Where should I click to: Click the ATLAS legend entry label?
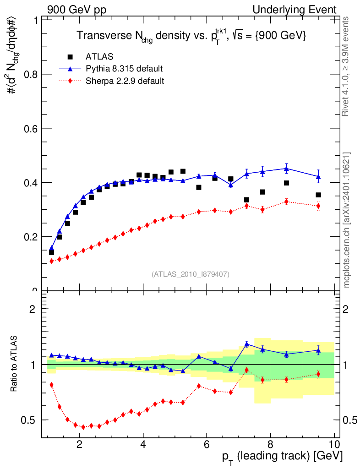tap(99, 57)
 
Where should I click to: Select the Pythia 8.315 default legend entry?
tap(124, 69)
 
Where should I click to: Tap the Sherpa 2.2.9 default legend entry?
tap(125, 81)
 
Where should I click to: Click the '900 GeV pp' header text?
tap(77, 10)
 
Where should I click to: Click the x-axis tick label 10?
tap(334, 444)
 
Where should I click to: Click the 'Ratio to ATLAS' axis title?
tap(15, 364)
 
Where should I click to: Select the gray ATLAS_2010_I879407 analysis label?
tap(191, 274)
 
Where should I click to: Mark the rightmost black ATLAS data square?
tap(318, 195)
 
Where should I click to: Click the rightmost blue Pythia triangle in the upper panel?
tap(318, 176)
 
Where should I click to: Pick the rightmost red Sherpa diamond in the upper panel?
tap(318, 206)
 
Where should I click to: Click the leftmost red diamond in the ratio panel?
tap(51, 385)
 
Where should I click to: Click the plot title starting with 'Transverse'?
tap(191, 35)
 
